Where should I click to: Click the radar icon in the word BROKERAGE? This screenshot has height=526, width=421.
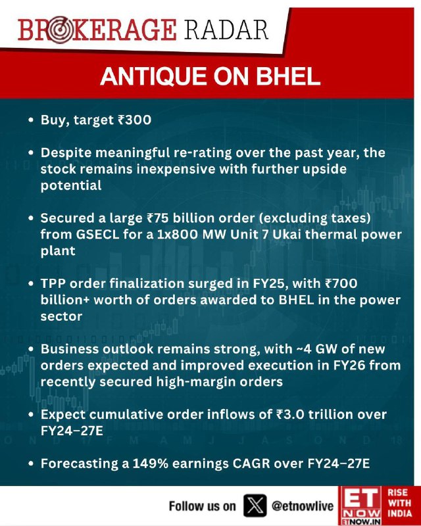(60, 30)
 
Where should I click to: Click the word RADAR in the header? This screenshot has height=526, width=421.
(226, 30)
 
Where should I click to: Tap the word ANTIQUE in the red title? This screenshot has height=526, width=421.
(153, 77)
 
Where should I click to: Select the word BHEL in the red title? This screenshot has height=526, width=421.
(287, 77)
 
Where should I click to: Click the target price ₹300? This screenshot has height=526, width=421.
(134, 120)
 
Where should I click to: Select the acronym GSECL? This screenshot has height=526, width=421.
(98, 234)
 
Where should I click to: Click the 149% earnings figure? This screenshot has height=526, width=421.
(151, 464)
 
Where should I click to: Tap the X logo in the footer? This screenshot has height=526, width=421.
(255, 506)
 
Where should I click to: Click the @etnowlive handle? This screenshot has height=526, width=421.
(303, 506)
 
